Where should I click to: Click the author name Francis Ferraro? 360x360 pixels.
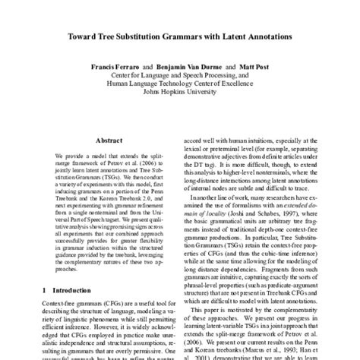pos(113,66)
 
